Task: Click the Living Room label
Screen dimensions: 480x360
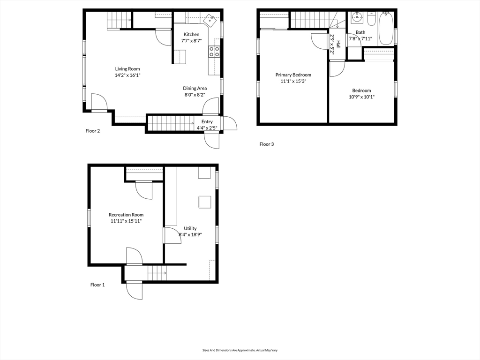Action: (x=127, y=69)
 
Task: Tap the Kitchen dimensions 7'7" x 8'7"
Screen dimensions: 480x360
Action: (x=191, y=40)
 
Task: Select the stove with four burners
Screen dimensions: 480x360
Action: (x=214, y=52)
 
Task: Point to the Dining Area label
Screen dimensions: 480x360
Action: (x=195, y=89)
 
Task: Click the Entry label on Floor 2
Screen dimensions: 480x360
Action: (x=207, y=121)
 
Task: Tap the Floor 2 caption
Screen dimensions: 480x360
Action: (x=93, y=131)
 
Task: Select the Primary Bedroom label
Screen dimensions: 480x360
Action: (x=293, y=75)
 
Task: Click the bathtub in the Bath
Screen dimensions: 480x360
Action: (x=386, y=29)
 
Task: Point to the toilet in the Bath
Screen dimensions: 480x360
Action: (x=372, y=19)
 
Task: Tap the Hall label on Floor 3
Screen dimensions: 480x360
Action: (x=338, y=45)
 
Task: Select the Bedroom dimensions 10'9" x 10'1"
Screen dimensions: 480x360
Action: (x=361, y=97)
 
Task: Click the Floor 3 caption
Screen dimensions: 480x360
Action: (x=267, y=144)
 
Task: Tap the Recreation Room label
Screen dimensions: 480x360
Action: (x=126, y=215)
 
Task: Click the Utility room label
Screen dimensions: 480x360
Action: (x=190, y=228)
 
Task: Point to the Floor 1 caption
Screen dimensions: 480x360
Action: (x=97, y=285)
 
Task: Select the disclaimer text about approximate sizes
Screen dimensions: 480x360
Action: (x=240, y=350)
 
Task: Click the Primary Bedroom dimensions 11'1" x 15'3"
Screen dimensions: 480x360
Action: (x=293, y=82)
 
